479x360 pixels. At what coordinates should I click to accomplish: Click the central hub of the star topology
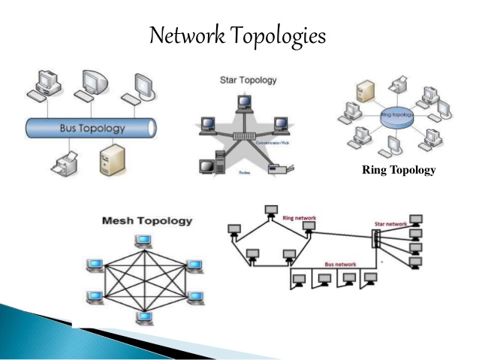point(241,136)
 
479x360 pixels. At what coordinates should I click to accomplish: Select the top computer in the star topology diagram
point(243,103)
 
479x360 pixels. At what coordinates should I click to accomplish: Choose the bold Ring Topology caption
point(398,171)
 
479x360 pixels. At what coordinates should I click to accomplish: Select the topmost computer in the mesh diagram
point(143,241)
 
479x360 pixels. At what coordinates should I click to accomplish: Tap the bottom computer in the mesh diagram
point(143,317)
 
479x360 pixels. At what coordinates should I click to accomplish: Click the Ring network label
point(298,218)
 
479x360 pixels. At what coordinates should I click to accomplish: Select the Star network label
point(391,223)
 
